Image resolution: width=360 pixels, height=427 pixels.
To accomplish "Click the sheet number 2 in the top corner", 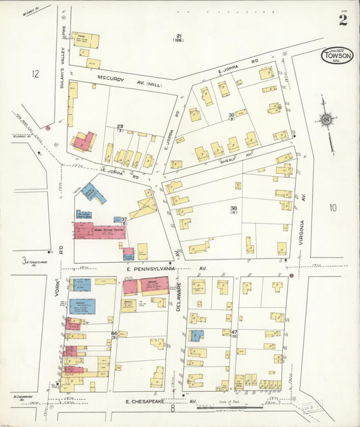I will pyautogui.click(x=343, y=20).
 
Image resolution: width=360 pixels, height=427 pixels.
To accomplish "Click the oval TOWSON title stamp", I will pyautogui.click(x=337, y=56).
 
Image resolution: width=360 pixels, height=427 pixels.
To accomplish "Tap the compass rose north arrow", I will pyautogui.click(x=326, y=120).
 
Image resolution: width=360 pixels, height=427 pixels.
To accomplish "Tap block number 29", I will pyautogui.click(x=120, y=126).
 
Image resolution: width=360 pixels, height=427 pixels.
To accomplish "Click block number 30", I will pyautogui.click(x=231, y=115).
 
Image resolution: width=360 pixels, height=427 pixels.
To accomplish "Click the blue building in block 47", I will pyautogui.click(x=196, y=335).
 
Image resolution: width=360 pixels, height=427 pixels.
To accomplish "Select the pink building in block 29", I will pyautogui.click(x=83, y=141).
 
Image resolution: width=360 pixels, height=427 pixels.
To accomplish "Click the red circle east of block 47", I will pyautogui.click(x=291, y=275).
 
